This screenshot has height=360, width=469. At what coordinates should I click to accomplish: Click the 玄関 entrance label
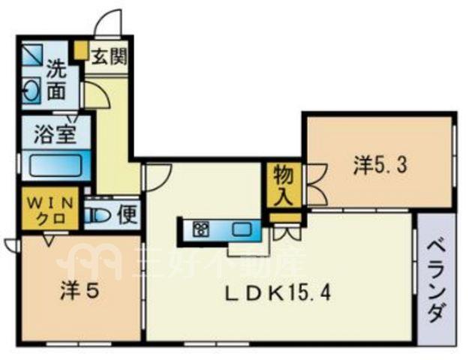click(x=109, y=57)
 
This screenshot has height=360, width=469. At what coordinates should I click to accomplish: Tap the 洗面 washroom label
click(x=57, y=79)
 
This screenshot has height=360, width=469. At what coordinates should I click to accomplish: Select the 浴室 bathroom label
click(x=55, y=134)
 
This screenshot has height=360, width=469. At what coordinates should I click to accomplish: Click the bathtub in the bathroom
click(x=57, y=165)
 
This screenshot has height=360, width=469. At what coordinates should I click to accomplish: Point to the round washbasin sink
click(x=32, y=90)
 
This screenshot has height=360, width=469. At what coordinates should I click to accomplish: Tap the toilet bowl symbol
click(x=96, y=214)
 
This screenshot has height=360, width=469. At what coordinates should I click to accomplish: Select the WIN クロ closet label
click(x=50, y=211)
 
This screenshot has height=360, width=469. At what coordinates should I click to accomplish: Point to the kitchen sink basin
click(x=242, y=229)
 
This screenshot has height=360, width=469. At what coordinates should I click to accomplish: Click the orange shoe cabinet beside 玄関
click(x=80, y=50)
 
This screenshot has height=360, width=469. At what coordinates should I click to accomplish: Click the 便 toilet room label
click(x=128, y=214)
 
